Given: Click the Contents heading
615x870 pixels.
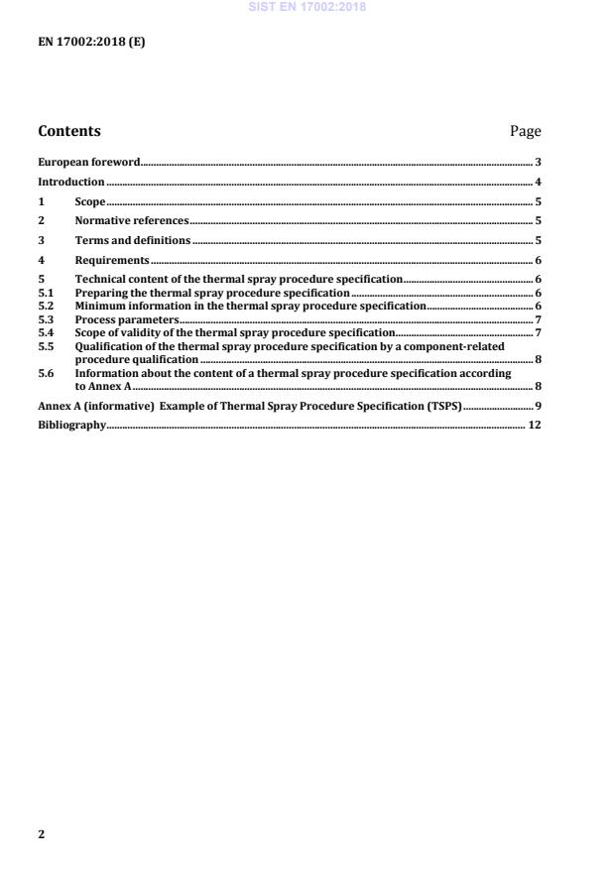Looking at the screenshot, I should click(68, 131).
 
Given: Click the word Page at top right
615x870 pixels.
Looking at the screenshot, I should click(525, 131).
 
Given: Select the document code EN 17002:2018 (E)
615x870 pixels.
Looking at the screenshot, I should click(91, 42).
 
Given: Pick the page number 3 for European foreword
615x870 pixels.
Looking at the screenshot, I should click(538, 161).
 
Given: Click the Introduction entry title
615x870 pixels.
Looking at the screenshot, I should click(70, 182).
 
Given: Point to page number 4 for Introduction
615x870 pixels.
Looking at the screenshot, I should click(538, 182).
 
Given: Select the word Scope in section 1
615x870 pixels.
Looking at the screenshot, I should click(90, 201).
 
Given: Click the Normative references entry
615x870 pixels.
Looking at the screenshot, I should click(131, 220).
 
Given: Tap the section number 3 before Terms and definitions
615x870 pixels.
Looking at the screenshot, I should click(41, 240).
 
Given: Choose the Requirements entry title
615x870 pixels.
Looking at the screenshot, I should click(112, 260).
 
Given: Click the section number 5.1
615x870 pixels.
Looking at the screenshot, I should click(45, 293).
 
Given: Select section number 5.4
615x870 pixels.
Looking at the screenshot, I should click(45, 332).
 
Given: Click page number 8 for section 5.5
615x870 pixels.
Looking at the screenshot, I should click(538, 359).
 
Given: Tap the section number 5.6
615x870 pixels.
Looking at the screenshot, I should click(45, 374).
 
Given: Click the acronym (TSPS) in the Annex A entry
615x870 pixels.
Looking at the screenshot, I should click(443, 406).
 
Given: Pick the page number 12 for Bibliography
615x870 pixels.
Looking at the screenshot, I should click(535, 425).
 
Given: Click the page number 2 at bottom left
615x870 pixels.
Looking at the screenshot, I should click(41, 834).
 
